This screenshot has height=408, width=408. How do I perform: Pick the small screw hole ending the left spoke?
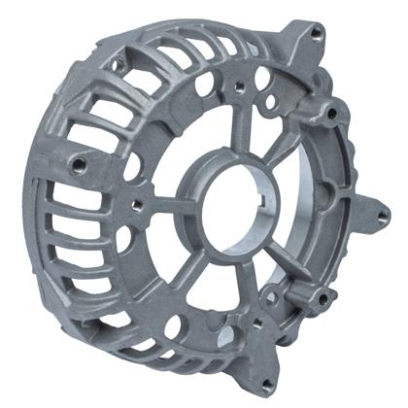[137, 204]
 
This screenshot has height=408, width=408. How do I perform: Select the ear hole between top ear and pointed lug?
[333, 114]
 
